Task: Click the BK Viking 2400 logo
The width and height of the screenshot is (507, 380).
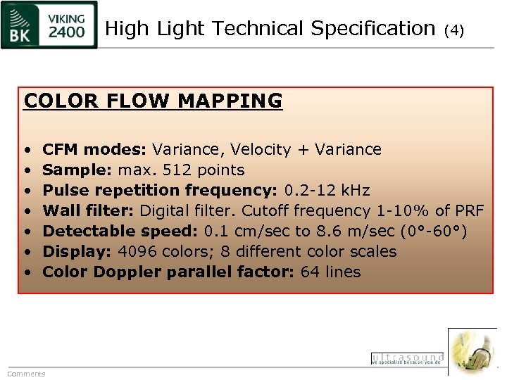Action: tap(49, 25)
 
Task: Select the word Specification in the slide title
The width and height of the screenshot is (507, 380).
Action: tap(373, 29)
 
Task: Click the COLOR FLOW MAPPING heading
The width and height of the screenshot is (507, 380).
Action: tap(153, 101)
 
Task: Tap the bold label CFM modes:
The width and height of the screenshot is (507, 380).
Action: tap(95, 149)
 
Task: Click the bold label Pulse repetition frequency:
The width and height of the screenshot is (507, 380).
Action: tap(161, 190)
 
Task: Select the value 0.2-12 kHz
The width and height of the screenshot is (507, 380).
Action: tap(327, 190)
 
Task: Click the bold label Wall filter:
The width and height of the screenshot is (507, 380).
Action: tap(89, 210)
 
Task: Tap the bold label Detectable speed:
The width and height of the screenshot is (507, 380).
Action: tap(120, 231)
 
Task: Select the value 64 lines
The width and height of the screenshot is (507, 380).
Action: tap(330, 272)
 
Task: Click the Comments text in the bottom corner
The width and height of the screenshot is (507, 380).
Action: tap(26, 374)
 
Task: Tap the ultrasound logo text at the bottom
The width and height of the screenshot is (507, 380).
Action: tap(407, 358)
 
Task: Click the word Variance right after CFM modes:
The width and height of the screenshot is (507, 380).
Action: tap(182, 149)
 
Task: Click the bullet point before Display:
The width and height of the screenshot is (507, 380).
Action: tap(26, 251)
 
